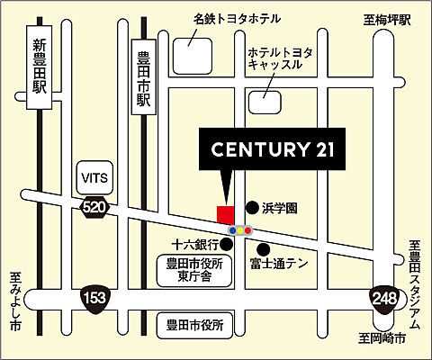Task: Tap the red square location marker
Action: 225,214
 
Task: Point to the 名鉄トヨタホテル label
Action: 237,17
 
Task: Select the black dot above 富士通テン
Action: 263,248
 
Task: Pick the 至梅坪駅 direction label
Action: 387,18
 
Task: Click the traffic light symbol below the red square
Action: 240,230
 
